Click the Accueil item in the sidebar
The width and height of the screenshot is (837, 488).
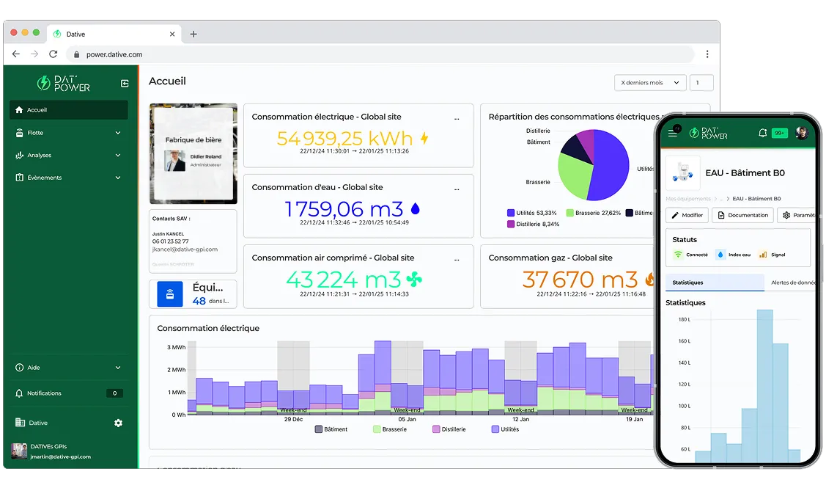(x=37, y=110)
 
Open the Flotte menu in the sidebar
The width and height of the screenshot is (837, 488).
(x=35, y=133)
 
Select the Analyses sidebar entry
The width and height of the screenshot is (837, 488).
(x=39, y=156)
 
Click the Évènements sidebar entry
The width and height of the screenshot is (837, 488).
(x=44, y=178)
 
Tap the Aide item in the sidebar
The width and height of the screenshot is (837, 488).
(x=34, y=368)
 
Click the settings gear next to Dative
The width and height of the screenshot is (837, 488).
(x=119, y=423)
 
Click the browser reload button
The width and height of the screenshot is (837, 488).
(x=53, y=54)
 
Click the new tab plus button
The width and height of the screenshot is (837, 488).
(x=193, y=34)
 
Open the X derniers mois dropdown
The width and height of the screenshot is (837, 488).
(x=649, y=83)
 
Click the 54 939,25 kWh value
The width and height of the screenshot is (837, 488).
(x=344, y=138)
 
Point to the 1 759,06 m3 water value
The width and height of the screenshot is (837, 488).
(x=344, y=209)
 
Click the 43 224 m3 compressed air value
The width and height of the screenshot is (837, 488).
(x=344, y=280)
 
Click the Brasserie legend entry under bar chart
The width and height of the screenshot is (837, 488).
(x=389, y=429)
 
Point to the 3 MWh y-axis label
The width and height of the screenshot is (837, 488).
(x=177, y=348)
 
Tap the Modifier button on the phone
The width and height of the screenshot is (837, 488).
(x=687, y=215)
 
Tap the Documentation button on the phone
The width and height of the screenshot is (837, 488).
(x=743, y=215)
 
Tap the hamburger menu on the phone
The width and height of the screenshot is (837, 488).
(x=673, y=133)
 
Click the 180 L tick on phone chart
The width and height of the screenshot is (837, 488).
(x=684, y=320)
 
